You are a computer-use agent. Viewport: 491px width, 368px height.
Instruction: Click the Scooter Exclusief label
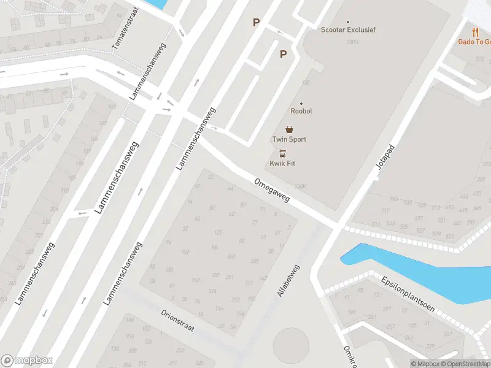click(x=348, y=29)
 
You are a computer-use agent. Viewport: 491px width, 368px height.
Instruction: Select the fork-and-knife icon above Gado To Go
click(x=475, y=31)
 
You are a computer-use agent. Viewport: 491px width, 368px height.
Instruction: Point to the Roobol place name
click(x=301, y=112)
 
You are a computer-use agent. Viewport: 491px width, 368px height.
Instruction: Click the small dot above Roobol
click(x=301, y=104)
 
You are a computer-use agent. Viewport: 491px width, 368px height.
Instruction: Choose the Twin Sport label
click(x=289, y=139)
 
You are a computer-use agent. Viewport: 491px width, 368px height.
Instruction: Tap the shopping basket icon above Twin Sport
click(x=289, y=129)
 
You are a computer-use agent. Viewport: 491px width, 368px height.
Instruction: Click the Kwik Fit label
click(x=282, y=163)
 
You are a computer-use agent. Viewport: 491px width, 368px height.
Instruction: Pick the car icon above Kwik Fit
click(x=282, y=153)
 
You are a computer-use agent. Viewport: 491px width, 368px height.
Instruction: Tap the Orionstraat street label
click(x=177, y=320)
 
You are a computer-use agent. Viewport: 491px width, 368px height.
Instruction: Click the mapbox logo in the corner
click(x=27, y=361)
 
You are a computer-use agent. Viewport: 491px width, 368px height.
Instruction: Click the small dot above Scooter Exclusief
click(x=348, y=21)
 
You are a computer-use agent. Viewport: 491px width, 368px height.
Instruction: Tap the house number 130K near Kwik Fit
click(x=300, y=186)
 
